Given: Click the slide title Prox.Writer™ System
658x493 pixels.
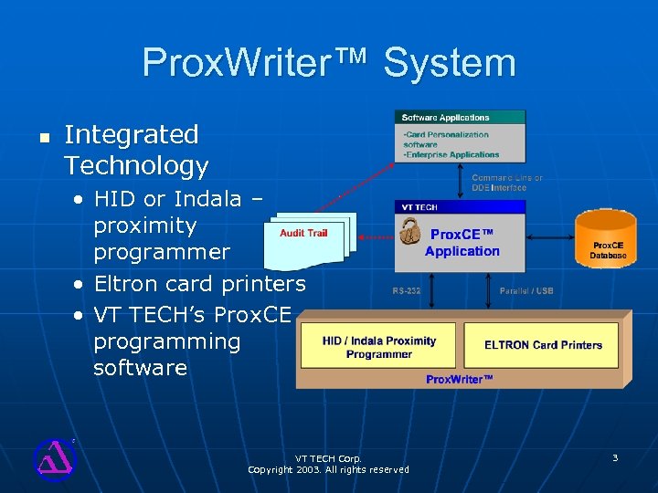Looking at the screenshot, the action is pyautogui.click(x=329, y=63).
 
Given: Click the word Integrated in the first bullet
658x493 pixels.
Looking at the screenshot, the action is pyautogui.click(x=132, y=135).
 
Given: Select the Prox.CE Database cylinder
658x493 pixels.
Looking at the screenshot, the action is pyautogui.click(x=607, y=239).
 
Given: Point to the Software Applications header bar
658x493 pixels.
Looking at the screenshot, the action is pyautogui.click(x=460, y=117).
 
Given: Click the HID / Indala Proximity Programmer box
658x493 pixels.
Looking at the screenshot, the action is pyautogui.click(x=379, y=347).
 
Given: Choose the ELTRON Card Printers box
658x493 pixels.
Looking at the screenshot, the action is pyautogui.click(x=543, y=345).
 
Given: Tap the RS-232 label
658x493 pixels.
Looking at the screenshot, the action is pyautogui.click(x=406, y=291).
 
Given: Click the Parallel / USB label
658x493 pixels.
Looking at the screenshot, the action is pyautogui.click(x=525, y=291).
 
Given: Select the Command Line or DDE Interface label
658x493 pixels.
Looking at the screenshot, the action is pyautogui.click(x=506, y=183).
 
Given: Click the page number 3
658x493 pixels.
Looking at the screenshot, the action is pyautogui.click(x=615, y=457).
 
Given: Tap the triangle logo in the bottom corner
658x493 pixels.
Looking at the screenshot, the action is pyautogui.click(x=53, y=458).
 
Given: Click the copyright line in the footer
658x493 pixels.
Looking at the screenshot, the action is pyautogui.click(x=328, y=469).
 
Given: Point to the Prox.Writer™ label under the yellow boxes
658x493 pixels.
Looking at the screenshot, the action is pyautogui.click(x=459, y=379).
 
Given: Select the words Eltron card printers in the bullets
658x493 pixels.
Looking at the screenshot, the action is pyautogui.click(x=199, y=284).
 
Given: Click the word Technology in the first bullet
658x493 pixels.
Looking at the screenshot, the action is pyautogui.click(x=136, y=166).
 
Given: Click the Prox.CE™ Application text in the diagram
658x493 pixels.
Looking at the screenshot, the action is pyautogui.click(x=462, y=243).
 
